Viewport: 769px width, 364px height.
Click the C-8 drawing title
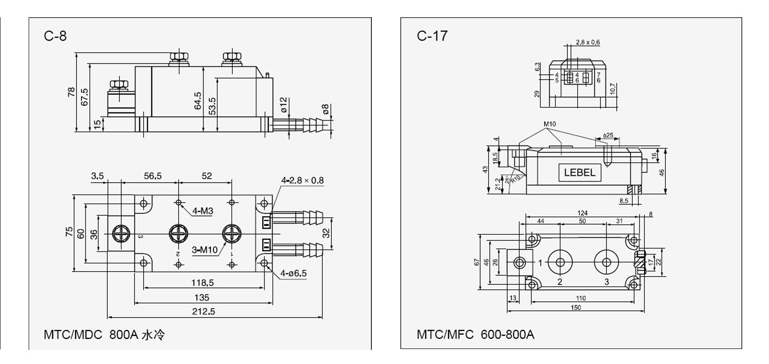point(55,35)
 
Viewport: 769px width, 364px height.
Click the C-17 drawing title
point(432,36)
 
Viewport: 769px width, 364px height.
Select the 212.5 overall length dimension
point(203,311)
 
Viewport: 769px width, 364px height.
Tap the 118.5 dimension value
point(202,283)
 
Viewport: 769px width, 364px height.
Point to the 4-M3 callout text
point(203,211)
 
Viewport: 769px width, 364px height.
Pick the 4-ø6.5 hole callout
point(293,273)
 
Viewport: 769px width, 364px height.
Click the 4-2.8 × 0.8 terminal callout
point(302,180)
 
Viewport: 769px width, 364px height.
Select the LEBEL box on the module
point(579,172)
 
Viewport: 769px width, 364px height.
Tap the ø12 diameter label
point(283,105)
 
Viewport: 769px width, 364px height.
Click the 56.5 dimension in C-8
point(153,176)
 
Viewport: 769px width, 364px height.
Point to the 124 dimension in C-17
point(582,213)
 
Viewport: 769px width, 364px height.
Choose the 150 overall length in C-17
point(575,307)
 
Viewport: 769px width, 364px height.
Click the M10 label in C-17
point(549,124)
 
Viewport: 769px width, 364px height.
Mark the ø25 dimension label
point(608,135)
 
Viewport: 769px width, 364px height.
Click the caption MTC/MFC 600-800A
point(475,334)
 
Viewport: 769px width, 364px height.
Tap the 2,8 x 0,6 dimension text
point(588,42)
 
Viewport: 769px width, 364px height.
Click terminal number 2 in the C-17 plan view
point(559,282)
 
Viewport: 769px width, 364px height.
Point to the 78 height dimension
point(71,92)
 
